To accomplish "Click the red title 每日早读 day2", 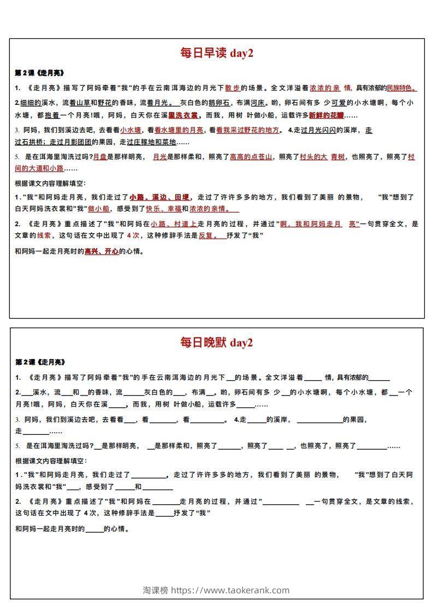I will coord(216,53).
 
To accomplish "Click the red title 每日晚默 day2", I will coord(216,343).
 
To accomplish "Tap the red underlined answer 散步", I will coord(233,87).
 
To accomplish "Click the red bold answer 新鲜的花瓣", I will coord(327,116).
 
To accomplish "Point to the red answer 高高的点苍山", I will coord(251,157).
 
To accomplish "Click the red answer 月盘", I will coord(99,157).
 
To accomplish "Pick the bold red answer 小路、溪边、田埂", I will coord(159,197).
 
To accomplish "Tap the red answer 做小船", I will coord(99,209).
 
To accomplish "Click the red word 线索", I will coord(44,236).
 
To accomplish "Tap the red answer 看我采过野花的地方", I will coord(247,130).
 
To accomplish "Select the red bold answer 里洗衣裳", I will coord(183,116).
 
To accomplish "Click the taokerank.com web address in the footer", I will coord(230,590).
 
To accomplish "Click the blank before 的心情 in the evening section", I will coord(95,529).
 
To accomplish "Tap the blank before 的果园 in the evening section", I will coord(319,420).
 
